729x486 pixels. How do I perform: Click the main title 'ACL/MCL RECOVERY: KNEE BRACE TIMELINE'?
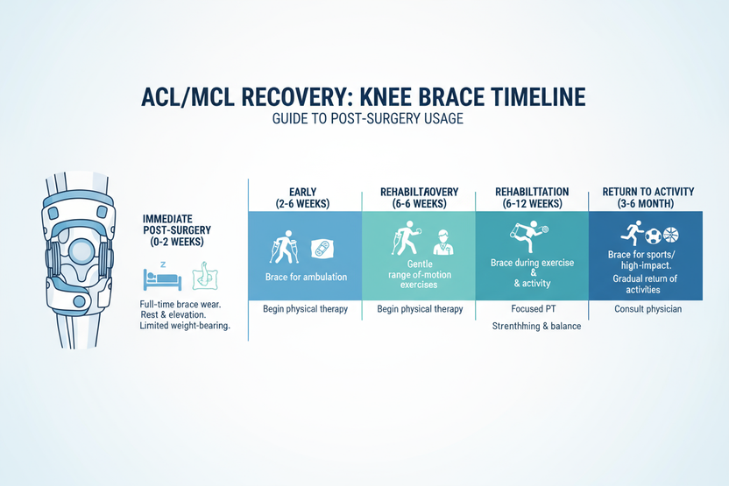[x=364, y=96]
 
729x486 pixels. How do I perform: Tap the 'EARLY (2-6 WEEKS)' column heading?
[x=306, y=197]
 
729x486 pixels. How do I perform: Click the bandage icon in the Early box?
[x=322, y=249]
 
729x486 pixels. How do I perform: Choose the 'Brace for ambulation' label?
[x=306, y=277]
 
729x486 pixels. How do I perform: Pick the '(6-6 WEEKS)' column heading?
[x=419, y=204]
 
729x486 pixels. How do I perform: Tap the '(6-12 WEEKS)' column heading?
[x=531, y=204]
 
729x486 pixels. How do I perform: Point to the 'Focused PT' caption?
[x=531, y=309]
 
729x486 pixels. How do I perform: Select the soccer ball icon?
[x=655, y=236]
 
